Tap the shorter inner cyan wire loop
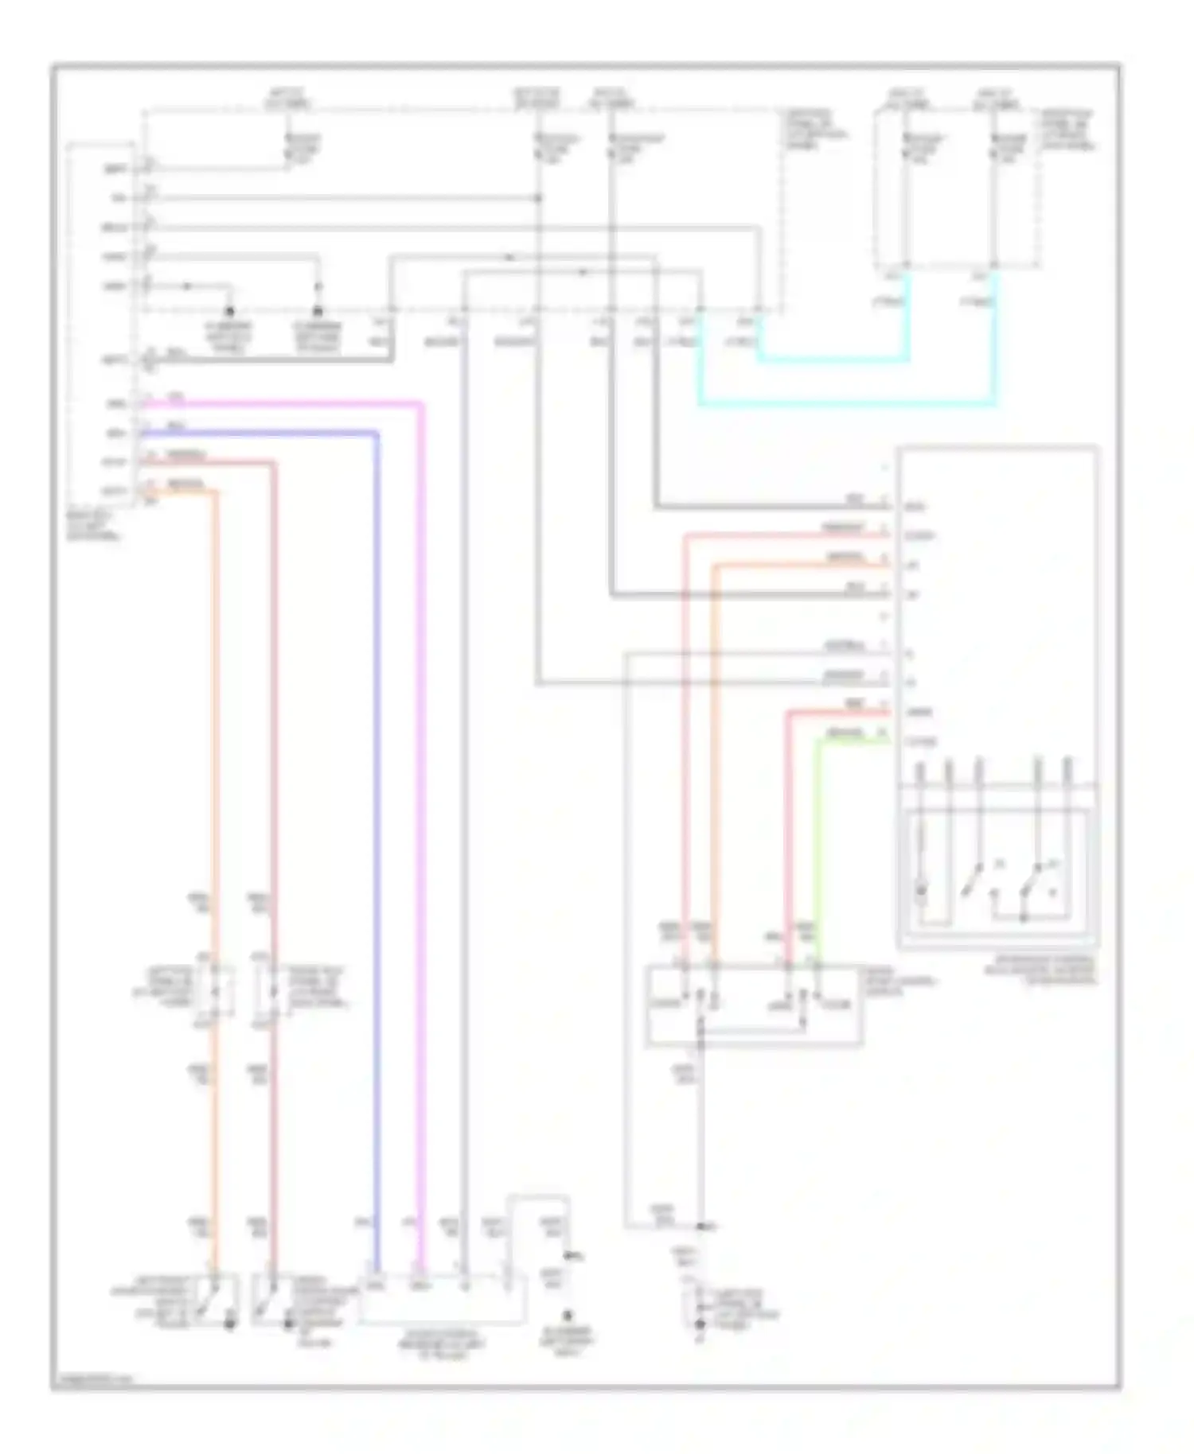coord(832,360)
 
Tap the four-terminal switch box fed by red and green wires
coord(752,1004)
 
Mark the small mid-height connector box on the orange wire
coord(213,991)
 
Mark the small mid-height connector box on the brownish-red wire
coord(271,991)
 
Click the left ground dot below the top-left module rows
coord(230,311)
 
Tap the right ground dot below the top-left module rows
coord(318,311)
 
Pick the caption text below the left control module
coord(94,526)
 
